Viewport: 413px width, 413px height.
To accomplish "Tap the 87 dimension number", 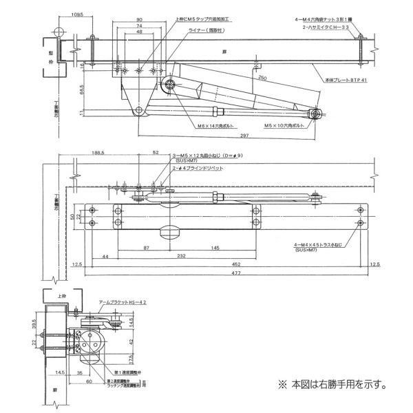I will pos(147,247).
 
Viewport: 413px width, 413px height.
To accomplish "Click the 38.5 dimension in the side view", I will pos(34,323).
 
